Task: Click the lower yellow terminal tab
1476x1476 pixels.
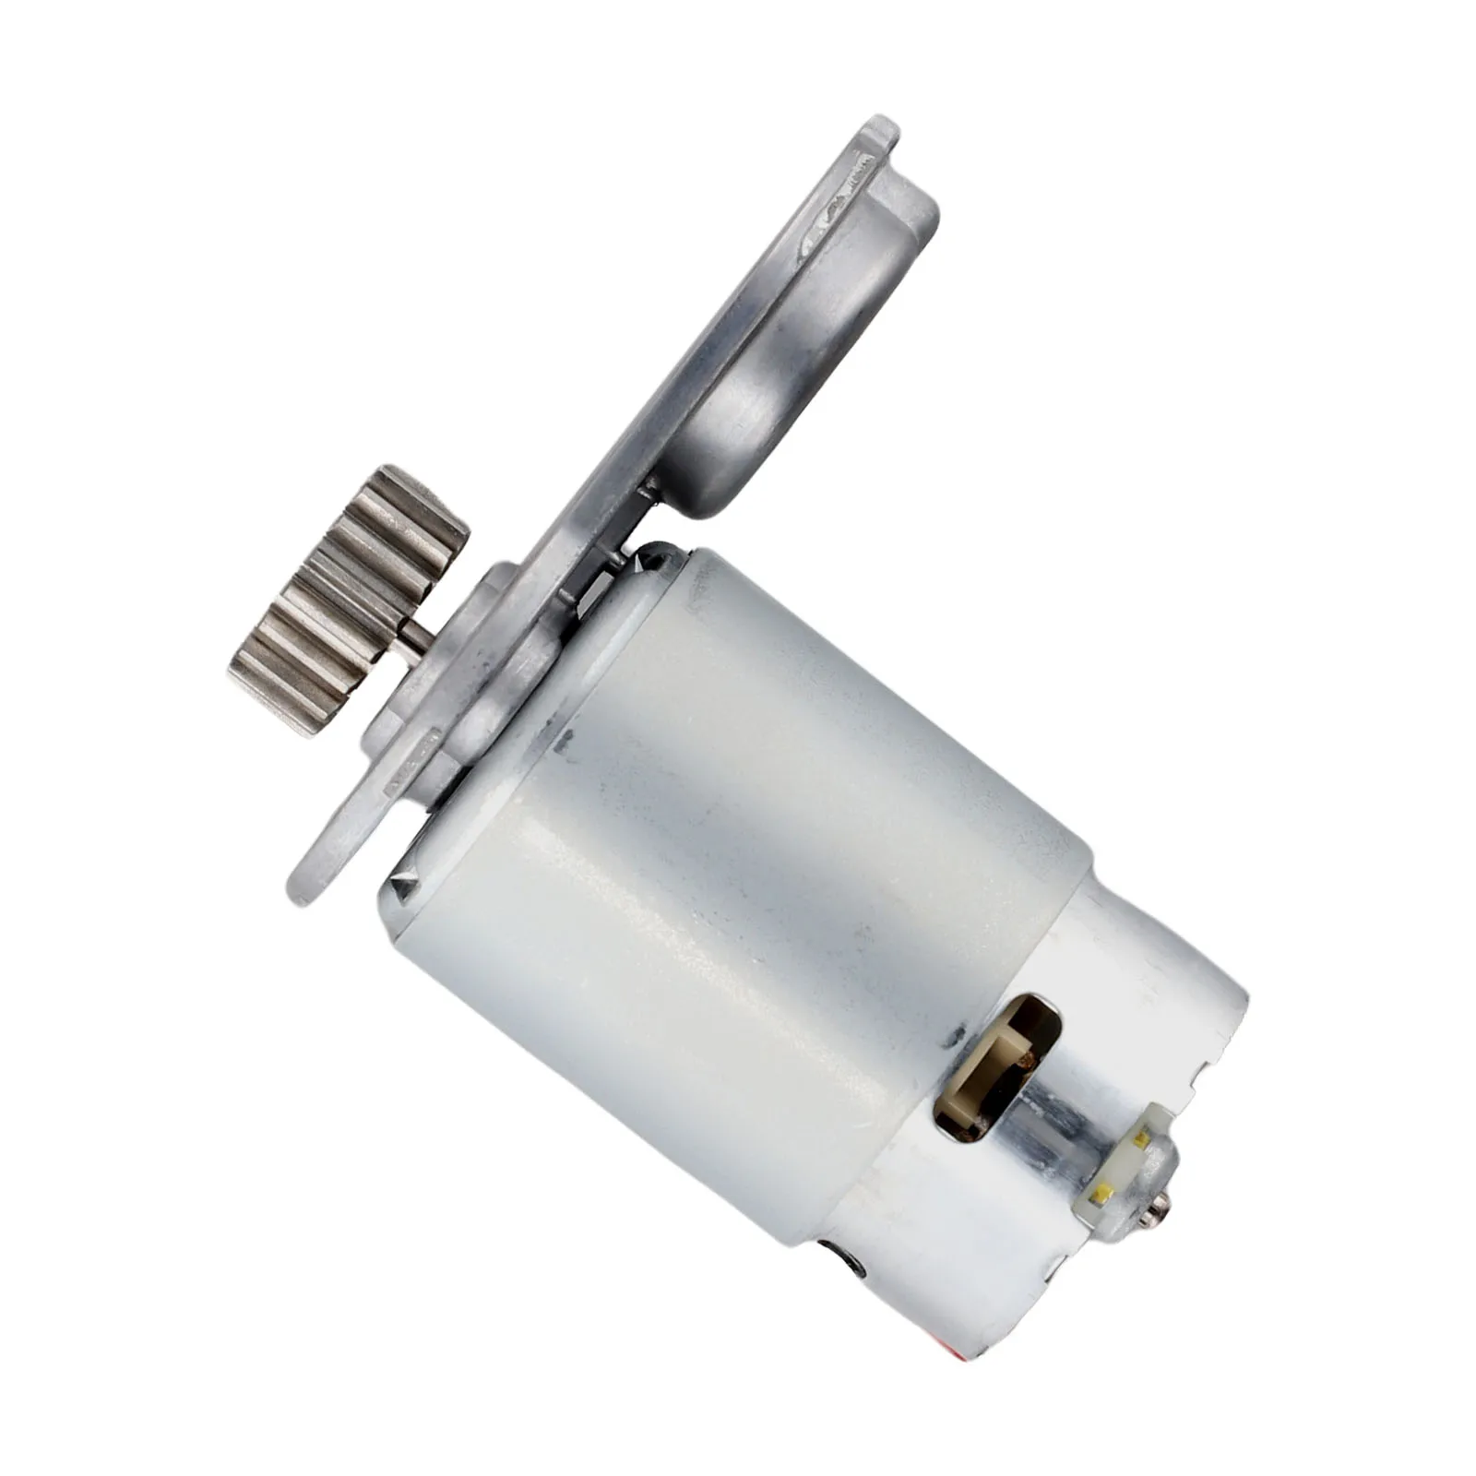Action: (1101, 1196)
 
